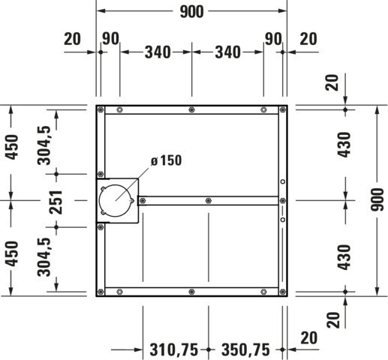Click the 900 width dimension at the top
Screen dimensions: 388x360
[x=191, y=12]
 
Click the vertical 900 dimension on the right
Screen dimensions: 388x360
[x=377, y=199]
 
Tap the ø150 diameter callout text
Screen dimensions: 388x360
[x=166, y=160]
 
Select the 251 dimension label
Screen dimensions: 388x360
[x=56, y=202]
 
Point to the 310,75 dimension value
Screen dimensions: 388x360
[x=174, y=349]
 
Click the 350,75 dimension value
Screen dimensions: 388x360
[x=245, y=349]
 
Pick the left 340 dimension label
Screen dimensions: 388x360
[x=158, y=52]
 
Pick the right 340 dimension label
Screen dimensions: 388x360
[x=227, y=52]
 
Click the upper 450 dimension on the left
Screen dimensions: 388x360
[x=12, y=147]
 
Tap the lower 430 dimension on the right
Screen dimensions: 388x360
[x=344, y=257]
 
